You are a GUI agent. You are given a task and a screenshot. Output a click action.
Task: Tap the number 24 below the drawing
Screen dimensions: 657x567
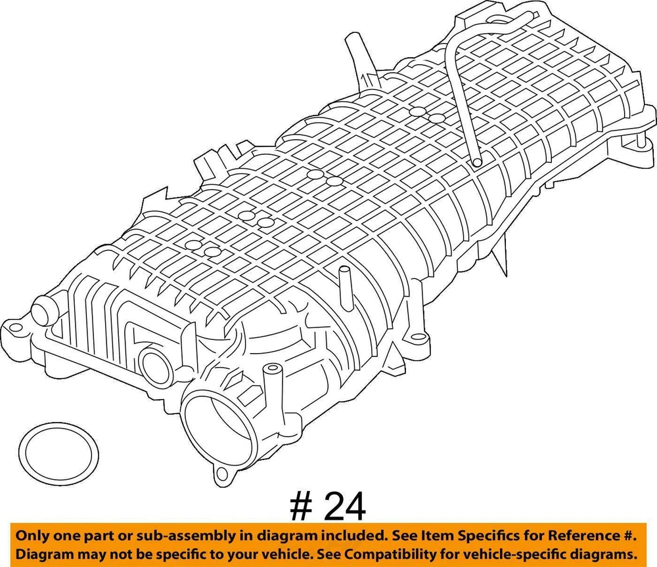coord(345,507)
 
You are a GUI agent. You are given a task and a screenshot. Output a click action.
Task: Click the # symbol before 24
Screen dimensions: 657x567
coord(302,507)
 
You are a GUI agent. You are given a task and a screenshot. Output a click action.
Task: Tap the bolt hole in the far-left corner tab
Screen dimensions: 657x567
coord(14,327)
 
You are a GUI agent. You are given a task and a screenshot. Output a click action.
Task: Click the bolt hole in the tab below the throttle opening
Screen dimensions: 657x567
coord(221,473)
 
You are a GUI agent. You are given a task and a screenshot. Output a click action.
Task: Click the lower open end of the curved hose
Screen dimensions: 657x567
coord(476,161)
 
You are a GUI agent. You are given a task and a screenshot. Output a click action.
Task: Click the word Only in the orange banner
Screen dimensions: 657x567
coord(31,536)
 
